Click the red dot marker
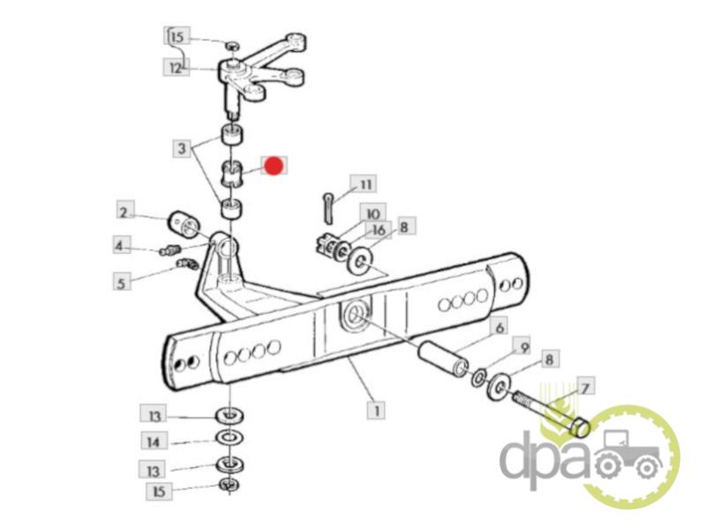tap(274, 166)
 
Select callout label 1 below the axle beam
tap(376, 410)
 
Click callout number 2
tap(124, 212)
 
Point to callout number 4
tap(120, 246)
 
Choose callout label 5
tap(121, 282)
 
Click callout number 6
tap(499, 327)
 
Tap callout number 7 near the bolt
tap(585, 388)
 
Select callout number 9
tap(522, 346)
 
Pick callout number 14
tap(154, 442)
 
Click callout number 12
tap(176, 69)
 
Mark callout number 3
tap(182, 148)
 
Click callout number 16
tap(379, 230)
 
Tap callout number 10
tap(372, 213)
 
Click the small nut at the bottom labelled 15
tap(229, 485)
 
